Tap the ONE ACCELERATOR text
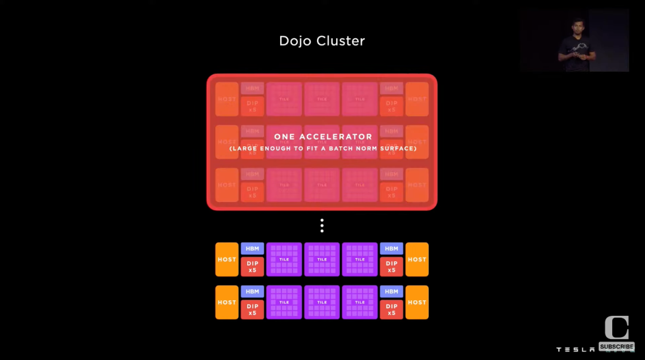click(322, 137)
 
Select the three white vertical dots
click(322, 226)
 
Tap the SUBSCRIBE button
click(616, 347)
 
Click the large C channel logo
click(616, 328)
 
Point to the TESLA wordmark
click(575, 349)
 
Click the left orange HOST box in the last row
click(227, 302)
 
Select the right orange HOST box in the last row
click(417, 302)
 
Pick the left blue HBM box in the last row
click(252, 291)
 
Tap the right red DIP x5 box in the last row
click(391, 309)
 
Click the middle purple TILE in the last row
click(322, 302)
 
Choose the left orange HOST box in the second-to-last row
click(227, 259)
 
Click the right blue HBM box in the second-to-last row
click(391, 248)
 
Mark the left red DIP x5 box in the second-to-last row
click(252, 266)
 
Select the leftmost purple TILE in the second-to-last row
click(284, 259)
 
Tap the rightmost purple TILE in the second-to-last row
click(360, 259)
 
